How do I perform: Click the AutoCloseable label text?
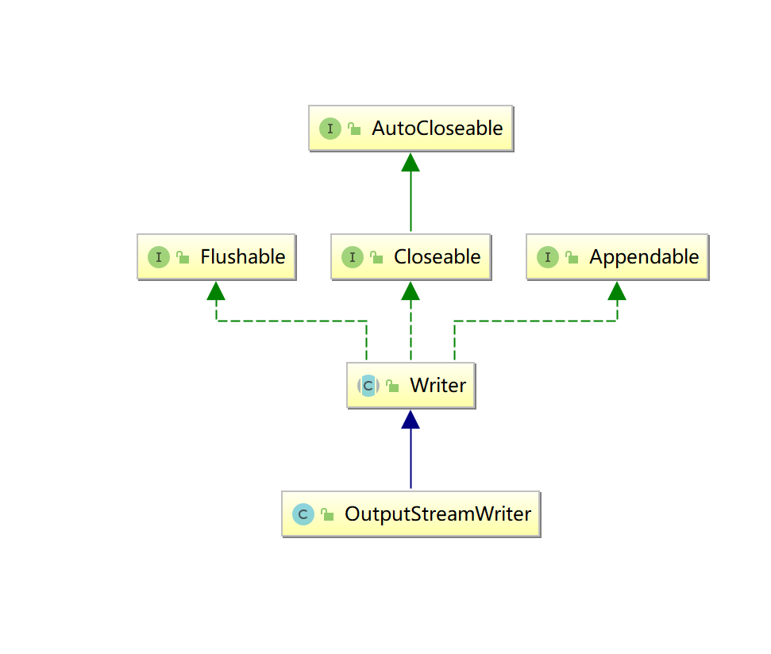click(437, 129)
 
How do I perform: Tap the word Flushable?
click(242, 257)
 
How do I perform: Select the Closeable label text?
click(437, 257)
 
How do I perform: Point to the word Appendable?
click(643, 257)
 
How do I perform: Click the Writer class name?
click(438, 386)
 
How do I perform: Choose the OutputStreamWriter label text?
click(438, 514)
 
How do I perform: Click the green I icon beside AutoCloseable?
click(330, 129)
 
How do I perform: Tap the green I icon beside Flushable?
click(159, 257)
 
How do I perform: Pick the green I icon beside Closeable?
click(353, 257)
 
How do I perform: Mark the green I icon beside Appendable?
click(548, 257)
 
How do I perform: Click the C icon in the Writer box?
click(368, 386)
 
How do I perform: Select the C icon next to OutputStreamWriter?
click(303, 514)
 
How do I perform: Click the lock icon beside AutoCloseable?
click(354, 129)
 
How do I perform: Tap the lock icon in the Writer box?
click(392, 387)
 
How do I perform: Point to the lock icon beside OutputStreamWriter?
click(327, 515)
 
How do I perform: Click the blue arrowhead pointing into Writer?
click(411, 420)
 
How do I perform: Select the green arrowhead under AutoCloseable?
click(411, 163)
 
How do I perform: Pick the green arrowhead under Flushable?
click(216, 291)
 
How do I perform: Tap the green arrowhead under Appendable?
click(617, 291)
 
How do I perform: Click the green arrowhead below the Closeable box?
click(411, 291)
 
